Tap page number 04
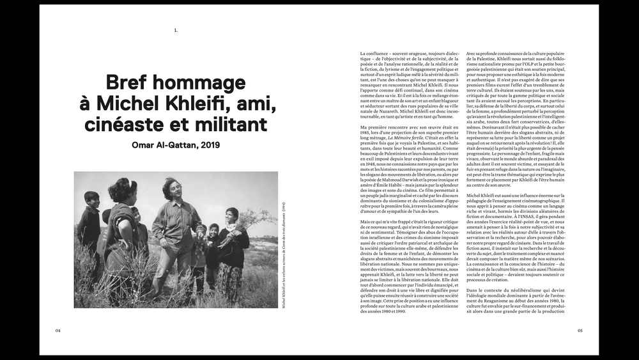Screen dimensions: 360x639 point(58,331)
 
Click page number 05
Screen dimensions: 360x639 point(580,331)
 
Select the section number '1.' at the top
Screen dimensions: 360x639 point(176,30)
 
